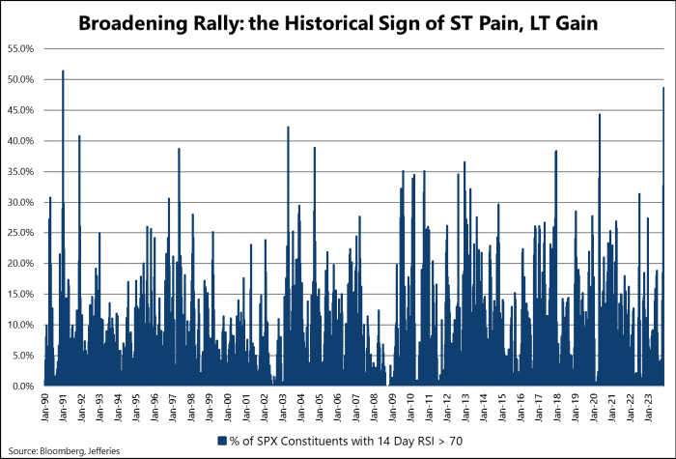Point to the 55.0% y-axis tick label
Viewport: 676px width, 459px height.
[20, 48]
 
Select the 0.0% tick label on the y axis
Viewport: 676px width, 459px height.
[22, 387]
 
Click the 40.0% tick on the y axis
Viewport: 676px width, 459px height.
[20, 141]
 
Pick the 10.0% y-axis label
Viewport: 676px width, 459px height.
[20, 325]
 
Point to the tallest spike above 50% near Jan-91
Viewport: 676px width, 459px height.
[63, 71]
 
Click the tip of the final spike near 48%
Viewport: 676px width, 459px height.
[663, 88]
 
